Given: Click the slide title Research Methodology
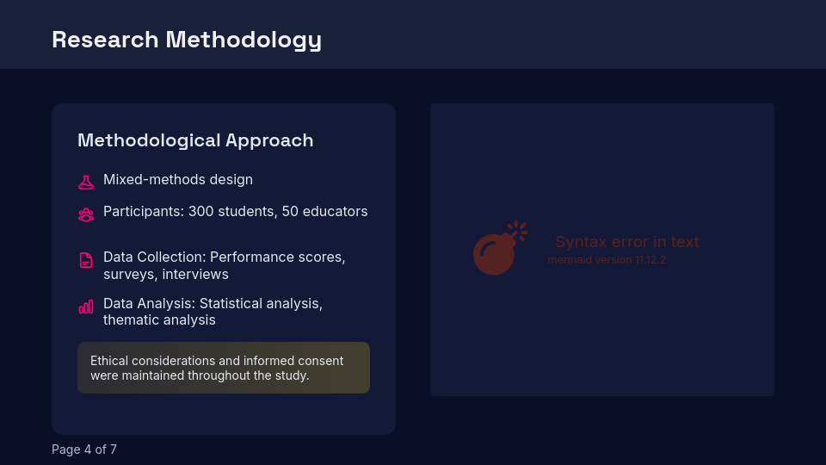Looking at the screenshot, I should point(187,40).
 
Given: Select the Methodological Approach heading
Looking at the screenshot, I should point(195,140).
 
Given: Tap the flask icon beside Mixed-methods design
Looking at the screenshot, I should point(86,182).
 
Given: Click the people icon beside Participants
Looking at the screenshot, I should point(86,214).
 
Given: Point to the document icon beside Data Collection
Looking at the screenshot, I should point(86,260).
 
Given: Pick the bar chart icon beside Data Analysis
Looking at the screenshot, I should point(86,307).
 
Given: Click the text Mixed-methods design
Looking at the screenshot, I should point(178,180).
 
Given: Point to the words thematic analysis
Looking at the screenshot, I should point(159,320).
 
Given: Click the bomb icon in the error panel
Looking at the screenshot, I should point(497,250).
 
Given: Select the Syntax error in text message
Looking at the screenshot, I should point(626,242).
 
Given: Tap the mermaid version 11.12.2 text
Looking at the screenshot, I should point(607,260).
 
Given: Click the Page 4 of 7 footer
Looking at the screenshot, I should point(84,449).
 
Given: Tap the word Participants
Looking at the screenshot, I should point(143,212).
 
